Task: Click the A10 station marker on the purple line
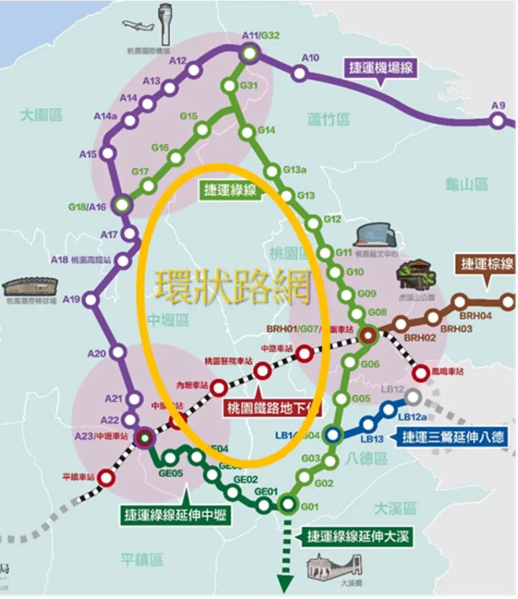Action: [x=299, y=74]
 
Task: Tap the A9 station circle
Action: [x=497, y=120]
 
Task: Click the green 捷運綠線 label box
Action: [x=230, y=190]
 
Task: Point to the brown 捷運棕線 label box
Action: [x=486, y=264]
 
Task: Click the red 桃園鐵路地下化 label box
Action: [x=273, y=408]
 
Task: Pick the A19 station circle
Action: [x=91, y=300]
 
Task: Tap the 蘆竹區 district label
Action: [x=329, y=119]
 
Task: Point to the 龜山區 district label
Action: [x=466, y=185]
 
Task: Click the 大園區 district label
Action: [x=41, y=115]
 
